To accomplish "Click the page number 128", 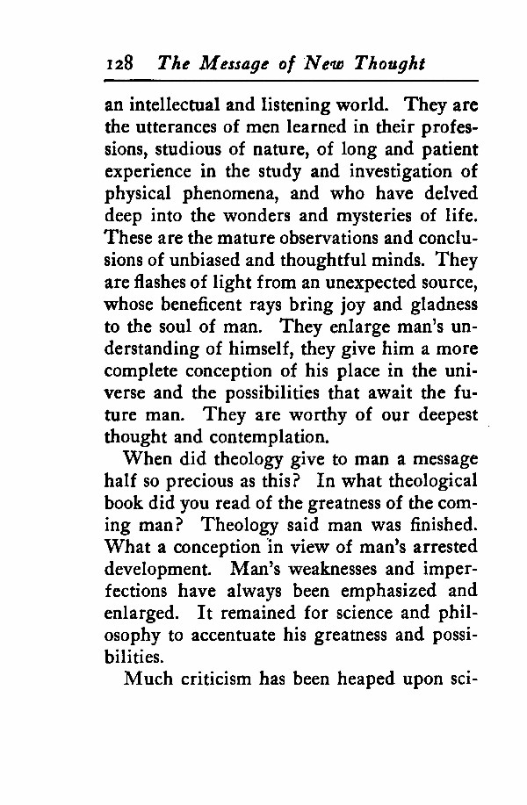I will (x=118, y=64).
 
